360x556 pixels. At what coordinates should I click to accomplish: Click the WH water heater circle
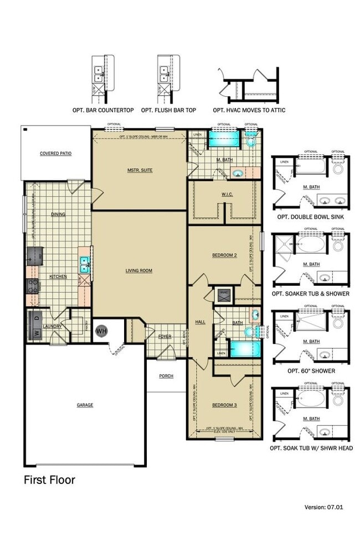pos(101,331)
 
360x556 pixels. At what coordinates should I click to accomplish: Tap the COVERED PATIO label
pos(55,153)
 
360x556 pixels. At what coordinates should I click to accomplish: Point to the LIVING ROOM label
pos(138,270)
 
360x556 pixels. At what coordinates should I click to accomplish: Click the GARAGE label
pos(85,405)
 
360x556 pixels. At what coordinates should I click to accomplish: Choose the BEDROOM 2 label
pos(224,255)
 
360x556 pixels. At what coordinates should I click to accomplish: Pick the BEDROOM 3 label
pos(224,405)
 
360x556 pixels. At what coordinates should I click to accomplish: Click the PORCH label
pos(166,376)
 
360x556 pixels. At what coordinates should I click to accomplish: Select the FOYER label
pos(165,336)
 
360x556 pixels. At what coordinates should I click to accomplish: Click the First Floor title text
pos(49,480)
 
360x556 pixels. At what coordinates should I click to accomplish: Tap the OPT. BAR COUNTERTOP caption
pos(103,110)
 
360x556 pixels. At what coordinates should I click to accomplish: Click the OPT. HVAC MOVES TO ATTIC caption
pos(249,110)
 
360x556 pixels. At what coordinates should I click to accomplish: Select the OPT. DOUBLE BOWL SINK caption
pos(311,217)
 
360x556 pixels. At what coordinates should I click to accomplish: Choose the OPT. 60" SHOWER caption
pos(311,370)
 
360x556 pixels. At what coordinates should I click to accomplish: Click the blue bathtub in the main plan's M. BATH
pos(223,139)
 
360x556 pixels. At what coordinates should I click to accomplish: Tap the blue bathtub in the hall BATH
pos(245,349)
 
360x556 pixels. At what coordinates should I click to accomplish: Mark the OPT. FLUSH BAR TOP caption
pos(168,110)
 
